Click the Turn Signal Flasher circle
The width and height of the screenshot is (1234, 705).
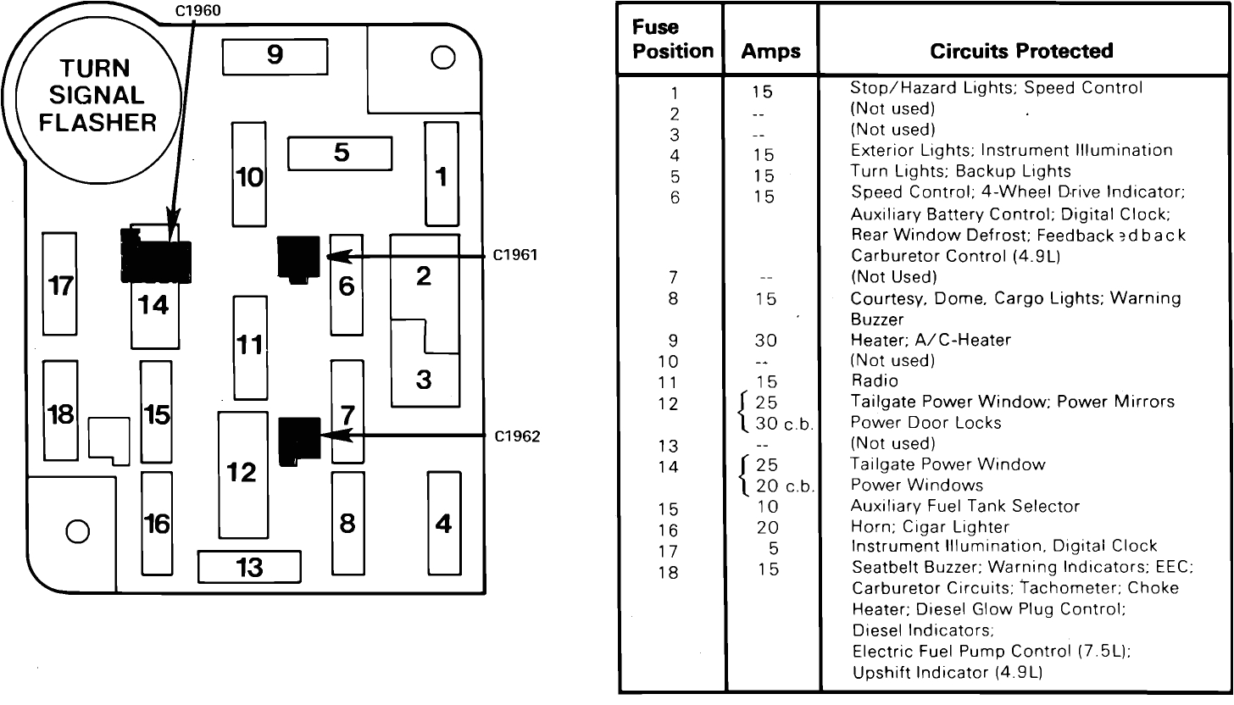(98, 97)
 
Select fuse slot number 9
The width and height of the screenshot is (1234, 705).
(274, 56)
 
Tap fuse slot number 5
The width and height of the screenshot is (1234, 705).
(340, 153)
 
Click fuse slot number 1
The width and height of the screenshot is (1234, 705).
(441, 175)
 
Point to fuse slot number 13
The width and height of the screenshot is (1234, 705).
(249, 566)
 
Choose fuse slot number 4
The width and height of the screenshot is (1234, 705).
(443, 523)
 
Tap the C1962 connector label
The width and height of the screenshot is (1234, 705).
(517, 436)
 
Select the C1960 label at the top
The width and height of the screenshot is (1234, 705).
(197, 10)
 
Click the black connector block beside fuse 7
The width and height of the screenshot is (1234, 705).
(298, 441)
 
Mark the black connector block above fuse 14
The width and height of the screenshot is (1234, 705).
(156, 257)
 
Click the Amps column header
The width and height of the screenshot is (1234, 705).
(770, 52)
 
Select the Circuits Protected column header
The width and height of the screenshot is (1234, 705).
(1020, 51)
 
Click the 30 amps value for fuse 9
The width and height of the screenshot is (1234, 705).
(764, 340)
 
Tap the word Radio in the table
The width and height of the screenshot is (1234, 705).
(874, 381)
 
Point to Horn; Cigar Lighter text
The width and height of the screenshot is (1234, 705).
(918, 527)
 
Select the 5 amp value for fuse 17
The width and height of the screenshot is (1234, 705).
(772, 548)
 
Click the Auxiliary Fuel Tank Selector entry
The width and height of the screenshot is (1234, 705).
(964, 506)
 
